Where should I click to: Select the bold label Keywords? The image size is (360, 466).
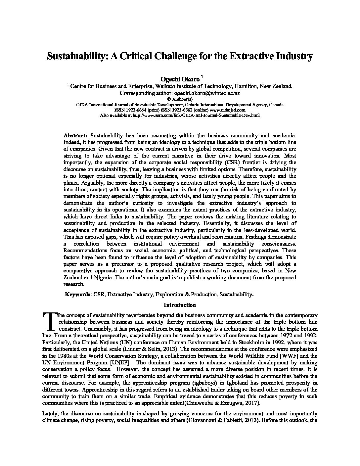[x=78, y=294]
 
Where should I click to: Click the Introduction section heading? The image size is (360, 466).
[x=180, y=305]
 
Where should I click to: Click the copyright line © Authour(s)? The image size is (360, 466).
[x=180, y=99]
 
